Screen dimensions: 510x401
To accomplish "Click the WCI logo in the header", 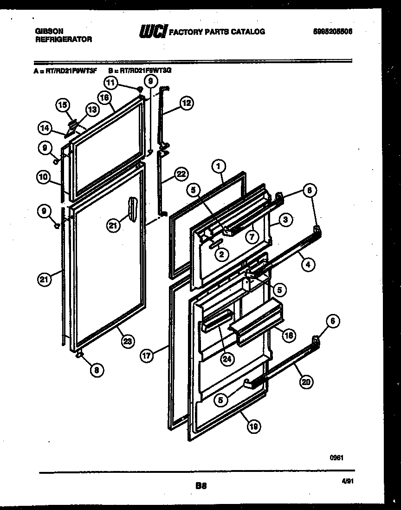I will [x=153, y=32].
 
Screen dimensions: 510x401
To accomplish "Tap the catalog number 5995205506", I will [x=333, y=32].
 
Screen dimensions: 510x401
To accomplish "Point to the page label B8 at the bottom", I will [x=200, y=486].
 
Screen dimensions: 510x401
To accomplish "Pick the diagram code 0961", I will [x=336, y=458].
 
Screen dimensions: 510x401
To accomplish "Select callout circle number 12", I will [x=186, y=104].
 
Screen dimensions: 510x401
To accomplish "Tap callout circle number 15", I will [x=63, y=105].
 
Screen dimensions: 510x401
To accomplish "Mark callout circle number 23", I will [x=127, y=341].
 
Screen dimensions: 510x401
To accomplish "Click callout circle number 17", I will [x=147, y=356].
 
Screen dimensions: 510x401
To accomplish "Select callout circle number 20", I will [x=306, y=382].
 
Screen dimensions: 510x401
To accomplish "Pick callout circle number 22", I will [x=181, y=175].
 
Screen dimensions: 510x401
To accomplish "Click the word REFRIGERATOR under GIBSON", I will [x=64, y=39].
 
